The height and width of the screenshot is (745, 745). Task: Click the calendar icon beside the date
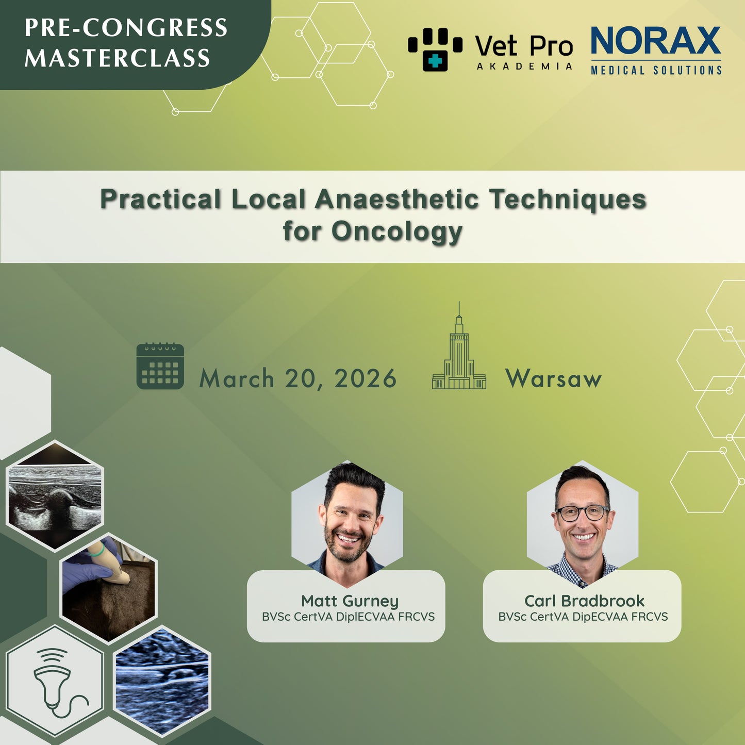[x=160, y=366]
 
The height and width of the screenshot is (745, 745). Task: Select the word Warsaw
[x=553, y=379]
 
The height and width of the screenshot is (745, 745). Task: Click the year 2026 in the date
[x=365, y=379]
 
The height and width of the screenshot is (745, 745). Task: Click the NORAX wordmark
[x=655, y=41]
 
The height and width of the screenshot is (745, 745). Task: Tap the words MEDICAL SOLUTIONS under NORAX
[x=656, y=70]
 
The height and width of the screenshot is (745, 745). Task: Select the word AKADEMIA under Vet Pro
[x=524, y=67]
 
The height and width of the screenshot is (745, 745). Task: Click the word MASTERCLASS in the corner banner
[x=118, y=58]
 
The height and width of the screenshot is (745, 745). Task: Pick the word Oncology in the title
[x=396, y=231]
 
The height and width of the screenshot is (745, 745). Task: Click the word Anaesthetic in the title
[x=397, y=199]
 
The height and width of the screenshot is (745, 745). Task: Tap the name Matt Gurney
[x=350, y=601]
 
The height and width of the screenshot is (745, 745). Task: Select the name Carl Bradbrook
[x=584, y=601]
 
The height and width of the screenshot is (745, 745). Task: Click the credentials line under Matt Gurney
[x=348, y=617]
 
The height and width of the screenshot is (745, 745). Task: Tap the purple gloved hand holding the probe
[x=90, y=567]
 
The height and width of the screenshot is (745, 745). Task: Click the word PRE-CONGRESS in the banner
[x=126, y=28]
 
